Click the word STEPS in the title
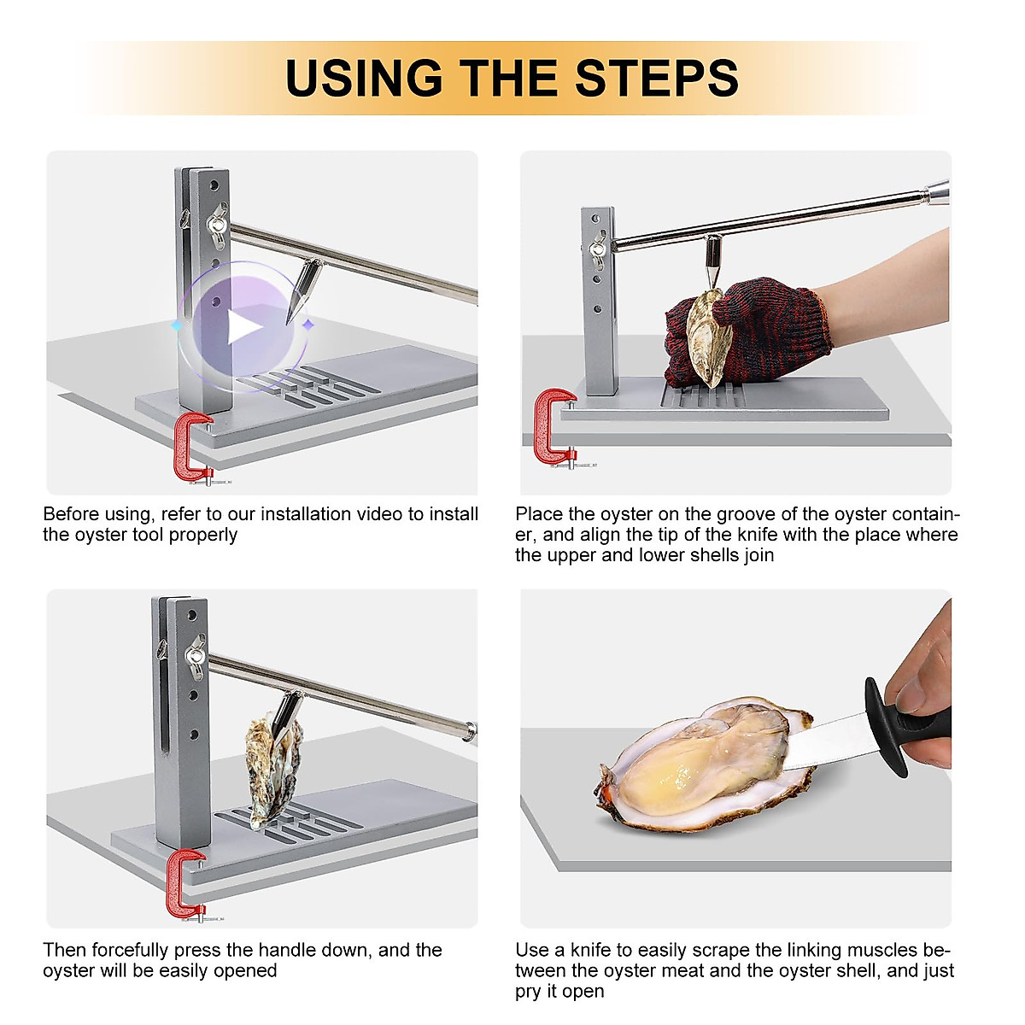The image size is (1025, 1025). [656, 78]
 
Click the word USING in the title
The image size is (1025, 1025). [364, 78]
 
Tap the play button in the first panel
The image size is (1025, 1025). [242, 327]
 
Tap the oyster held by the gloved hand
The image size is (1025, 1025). [707, 337]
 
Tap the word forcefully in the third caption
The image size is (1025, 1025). [130, 950]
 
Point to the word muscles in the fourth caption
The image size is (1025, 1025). [885, 950]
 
